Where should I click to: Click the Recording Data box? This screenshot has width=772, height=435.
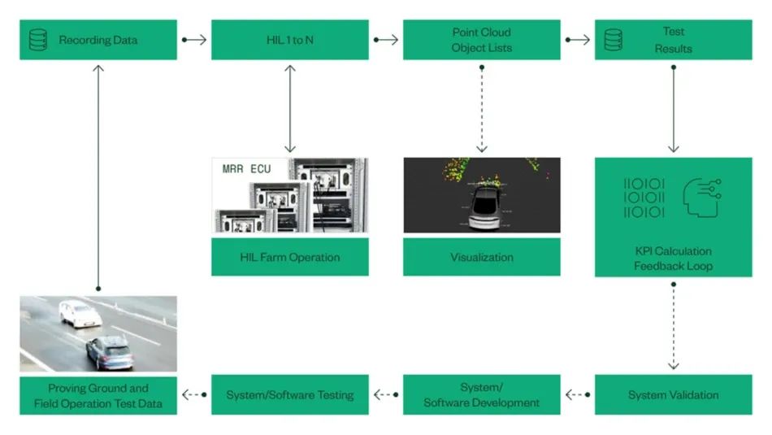(98, 40)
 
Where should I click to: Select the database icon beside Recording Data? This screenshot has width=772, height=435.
(38, 40)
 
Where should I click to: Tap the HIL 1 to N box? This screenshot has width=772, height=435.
(289, 40)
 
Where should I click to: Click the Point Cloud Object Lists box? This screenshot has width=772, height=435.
(481, 40)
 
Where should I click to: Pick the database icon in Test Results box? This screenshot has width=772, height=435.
(614, 40)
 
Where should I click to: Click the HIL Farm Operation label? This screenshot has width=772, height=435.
(289, 257)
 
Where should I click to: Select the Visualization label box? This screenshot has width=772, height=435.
(481, 257)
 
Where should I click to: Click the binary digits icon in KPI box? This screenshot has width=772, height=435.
(644, 197)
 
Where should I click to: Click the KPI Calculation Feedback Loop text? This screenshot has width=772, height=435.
(673, 258)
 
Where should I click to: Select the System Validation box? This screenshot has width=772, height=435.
(673, 395)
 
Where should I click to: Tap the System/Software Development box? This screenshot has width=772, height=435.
(481, 395)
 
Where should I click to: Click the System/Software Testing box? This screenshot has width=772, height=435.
(289, 395)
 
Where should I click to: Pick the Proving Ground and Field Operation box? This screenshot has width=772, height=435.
(98, 395)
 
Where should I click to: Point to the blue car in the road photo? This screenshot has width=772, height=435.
(110, 351)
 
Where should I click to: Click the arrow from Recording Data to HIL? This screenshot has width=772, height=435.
(194, 39)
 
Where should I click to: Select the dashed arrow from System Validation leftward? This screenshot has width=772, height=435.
(577, 395)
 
